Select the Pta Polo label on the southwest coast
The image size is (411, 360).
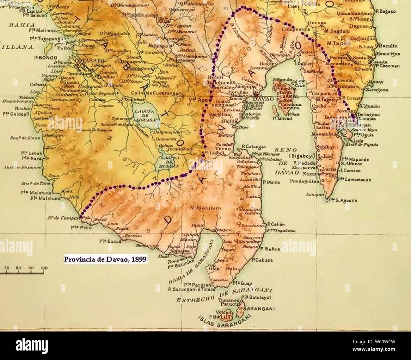pos(79,227)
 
